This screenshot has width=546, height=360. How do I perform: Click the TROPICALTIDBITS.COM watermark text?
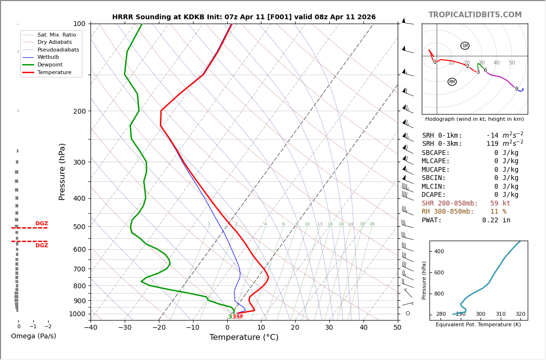tap(475, 15)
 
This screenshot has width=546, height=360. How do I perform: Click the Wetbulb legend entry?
tap(48, 57)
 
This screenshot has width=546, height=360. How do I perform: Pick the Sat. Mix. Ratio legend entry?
tap(56, 35)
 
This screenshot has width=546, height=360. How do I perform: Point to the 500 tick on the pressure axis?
tap(79, 227)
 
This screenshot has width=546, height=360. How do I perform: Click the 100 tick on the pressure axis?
tap(79, 24)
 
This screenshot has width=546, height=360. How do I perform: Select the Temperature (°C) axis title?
tap(244, 337)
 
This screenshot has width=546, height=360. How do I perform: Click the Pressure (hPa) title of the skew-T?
tap(63, 171)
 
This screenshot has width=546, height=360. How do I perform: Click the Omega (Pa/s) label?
tap(33, 336)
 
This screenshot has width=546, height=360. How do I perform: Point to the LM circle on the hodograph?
tap(465, 46)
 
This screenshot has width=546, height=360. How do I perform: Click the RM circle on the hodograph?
tap(452, 82)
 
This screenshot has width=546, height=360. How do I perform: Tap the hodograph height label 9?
tap(516, 89)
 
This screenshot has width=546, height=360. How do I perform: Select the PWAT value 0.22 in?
tap(496, 220)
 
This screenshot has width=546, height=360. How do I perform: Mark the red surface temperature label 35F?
tap(238, 317)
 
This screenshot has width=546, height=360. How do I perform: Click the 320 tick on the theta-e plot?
tap(520, 314)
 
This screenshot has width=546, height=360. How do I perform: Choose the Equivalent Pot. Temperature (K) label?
tap(478, 325)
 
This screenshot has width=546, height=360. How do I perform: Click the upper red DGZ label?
tap(41, 224)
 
